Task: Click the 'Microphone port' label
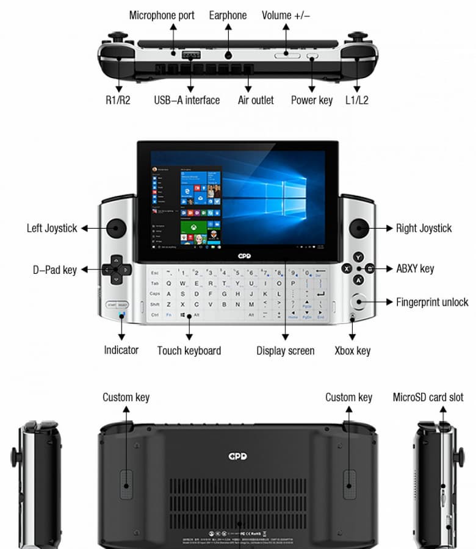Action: point(162,15)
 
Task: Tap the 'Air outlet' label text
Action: point(255,100)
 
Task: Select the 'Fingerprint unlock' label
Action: point(432,302)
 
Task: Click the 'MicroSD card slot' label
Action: point(428,398)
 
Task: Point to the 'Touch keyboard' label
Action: point(189,351)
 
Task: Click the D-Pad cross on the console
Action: point(115,269)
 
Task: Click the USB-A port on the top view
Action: point(191,56)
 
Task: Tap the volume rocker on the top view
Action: point(287,56)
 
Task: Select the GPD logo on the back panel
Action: point(237,456)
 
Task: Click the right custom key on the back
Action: point(348,484)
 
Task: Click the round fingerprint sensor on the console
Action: point(359,302)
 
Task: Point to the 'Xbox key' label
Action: point(352,351)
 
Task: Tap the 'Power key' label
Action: point(311,100)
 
